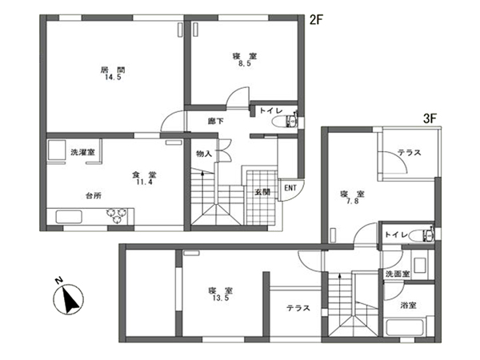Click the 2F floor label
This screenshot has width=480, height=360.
click(316, 20)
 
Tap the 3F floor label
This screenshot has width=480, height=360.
click(430, 118)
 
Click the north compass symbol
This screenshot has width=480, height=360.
click(69, 298)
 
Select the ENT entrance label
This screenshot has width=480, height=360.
click(290, 188)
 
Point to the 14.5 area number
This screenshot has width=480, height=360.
click(114, 77)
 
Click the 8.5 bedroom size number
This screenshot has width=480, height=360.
click(245, 64)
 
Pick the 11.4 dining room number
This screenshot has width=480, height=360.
click(144, 182)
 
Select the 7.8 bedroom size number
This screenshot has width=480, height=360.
click(352, 202)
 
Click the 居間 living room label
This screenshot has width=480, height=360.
click(113, 70)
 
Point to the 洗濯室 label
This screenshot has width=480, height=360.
click(82, 152)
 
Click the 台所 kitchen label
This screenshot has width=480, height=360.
click(94, 196)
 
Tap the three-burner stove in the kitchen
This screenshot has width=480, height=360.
click(117, 215)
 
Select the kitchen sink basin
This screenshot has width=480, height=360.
click(69, 217)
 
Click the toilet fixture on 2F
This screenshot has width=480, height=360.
click(285, 122)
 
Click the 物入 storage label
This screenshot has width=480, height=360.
click(204, 154)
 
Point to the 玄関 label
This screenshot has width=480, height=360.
click(262, 192)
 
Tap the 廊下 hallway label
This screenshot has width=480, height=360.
click(216, 122)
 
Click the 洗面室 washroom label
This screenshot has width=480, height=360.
click(398, 274)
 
